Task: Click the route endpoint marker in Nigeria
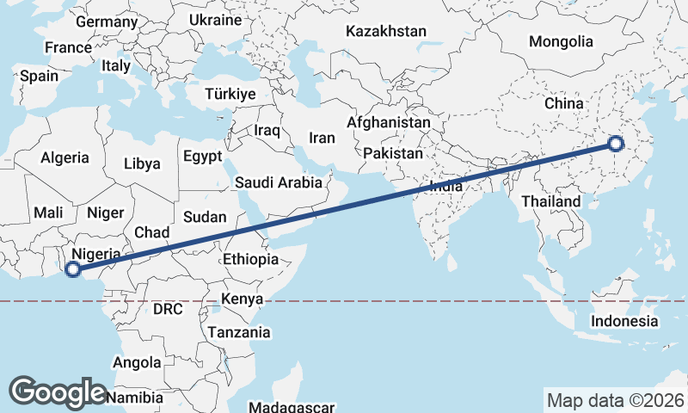pos(73,269)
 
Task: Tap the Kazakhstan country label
pos(386,31)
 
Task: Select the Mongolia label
pos(561,41)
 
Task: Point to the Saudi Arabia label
pos(278,182)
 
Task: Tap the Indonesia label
pos(623,321)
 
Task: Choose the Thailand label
pos(550,201)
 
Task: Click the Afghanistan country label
pos(389,123)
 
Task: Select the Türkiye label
pos(230,94)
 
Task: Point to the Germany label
pos(107,22)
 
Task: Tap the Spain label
pos(40,76)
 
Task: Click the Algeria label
pos(64,157)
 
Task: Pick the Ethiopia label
pos(250,259)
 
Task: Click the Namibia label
pos(135,398)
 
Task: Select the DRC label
pos(168,309)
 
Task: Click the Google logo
pos(58,391)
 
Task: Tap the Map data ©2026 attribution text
pos(615,400)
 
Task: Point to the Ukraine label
pos(214,19)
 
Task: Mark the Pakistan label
pos(393,153)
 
